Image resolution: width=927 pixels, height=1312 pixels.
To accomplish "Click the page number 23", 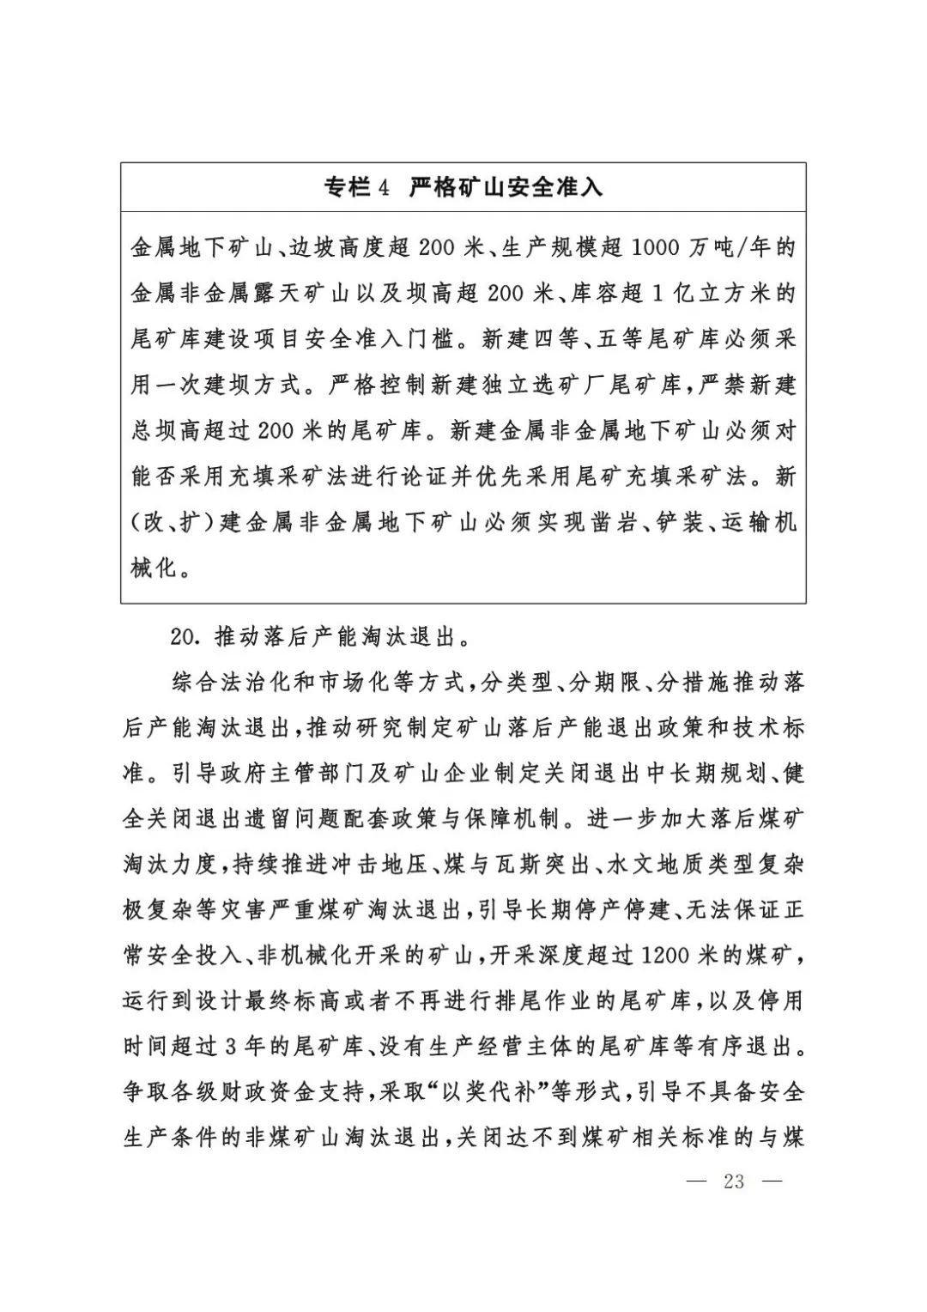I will tap(734, 1181).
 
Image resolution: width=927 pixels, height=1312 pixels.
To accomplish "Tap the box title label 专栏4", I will tap(357, 187).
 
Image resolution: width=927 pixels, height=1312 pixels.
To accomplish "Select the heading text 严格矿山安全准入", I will tap(506, 187).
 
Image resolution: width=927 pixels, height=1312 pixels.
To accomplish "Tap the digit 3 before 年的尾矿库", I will tap(229, 1047).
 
